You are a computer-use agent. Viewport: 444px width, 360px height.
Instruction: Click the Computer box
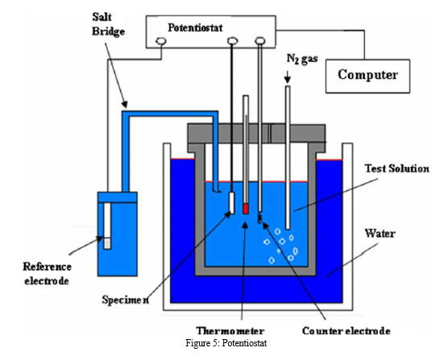coord(367,77)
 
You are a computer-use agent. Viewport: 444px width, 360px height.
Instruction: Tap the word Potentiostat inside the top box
coord(195,27)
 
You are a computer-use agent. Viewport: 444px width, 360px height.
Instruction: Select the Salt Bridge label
coord(108,24)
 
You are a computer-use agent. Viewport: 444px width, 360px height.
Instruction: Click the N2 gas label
coord(302,59)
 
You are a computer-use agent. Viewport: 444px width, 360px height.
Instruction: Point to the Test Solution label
coord(396,168)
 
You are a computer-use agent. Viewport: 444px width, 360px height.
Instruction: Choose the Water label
coord(380,234)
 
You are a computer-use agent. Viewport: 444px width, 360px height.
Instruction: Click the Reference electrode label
coord(47,274)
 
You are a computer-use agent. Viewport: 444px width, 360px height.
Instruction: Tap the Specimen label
coord(125,300)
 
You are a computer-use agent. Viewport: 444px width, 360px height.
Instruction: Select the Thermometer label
coord(230,330)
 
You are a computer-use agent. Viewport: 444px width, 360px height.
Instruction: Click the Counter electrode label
coord(346,330)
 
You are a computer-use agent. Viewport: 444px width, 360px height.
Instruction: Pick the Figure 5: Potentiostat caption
coord(226,343)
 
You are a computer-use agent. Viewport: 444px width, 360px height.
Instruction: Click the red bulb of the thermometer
coord(246,209)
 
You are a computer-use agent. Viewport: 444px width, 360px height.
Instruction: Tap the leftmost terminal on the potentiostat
coord(161,41)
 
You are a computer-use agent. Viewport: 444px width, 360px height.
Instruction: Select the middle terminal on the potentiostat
coord(233,41)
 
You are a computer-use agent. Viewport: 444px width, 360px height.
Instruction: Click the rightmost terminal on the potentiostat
coord(260,41)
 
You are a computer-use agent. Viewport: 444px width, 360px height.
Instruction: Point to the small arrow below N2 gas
coord(288,77)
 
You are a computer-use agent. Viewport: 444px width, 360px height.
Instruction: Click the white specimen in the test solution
coord(231,203)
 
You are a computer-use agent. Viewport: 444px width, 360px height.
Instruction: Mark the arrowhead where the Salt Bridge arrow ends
coord(125,105)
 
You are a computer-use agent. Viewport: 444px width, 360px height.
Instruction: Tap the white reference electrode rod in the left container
coord(107,226)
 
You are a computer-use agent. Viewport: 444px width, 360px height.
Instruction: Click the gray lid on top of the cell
coord(256,134)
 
